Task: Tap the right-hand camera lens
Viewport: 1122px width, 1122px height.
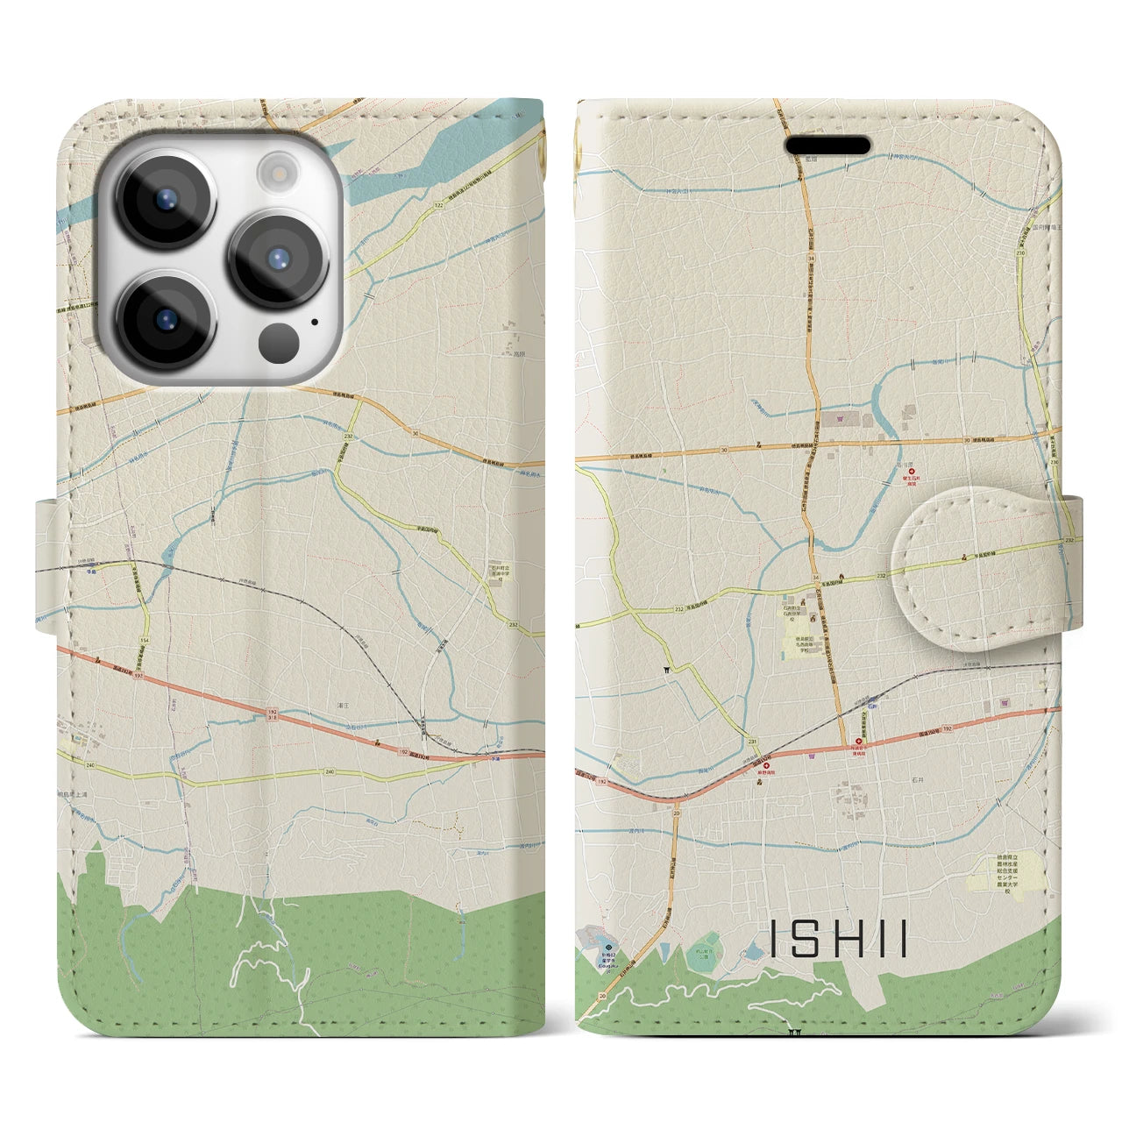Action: [278, 259]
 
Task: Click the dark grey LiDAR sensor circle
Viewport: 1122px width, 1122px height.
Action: [280, 339]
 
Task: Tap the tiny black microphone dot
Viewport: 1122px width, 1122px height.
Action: [313, 322]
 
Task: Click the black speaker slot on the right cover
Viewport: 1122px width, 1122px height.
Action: [827, 145]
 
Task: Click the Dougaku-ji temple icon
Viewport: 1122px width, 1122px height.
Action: [609, 948]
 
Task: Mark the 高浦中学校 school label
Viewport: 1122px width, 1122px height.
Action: [499, 572]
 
